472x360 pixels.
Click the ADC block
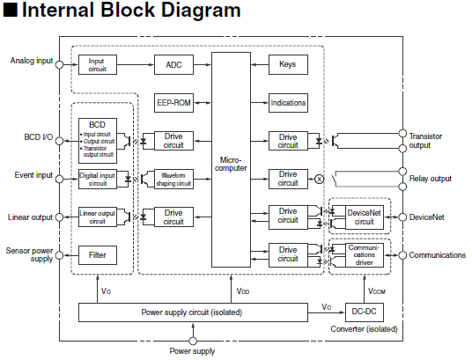(x=173, y=65)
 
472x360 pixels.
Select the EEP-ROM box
(x=173, y=103)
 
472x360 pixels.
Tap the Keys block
(x=288, y=64)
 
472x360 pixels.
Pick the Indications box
(x=288, y=103)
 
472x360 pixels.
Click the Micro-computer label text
(x=231, y=164)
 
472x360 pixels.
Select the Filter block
(x=98, y=255)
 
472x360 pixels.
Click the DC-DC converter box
(x=365, y=312)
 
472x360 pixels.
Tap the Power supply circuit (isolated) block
(x=193, y=312)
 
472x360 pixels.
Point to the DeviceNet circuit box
(x=365, y=217)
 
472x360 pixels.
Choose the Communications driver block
(x=365, y=255)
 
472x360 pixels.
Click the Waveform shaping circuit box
(x=173, y=180)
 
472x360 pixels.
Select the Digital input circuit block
(x=98, y=180)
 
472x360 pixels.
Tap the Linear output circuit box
(x=98, y=217)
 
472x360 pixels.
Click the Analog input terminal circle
(x=60, y=64)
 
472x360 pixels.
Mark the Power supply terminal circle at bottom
(x=193, y=341)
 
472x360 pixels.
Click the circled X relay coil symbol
(x=319, y=179)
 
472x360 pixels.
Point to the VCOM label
(x=377, y=291)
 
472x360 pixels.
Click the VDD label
(x=243, y=291)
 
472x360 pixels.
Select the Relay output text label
(x=430, y=179)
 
